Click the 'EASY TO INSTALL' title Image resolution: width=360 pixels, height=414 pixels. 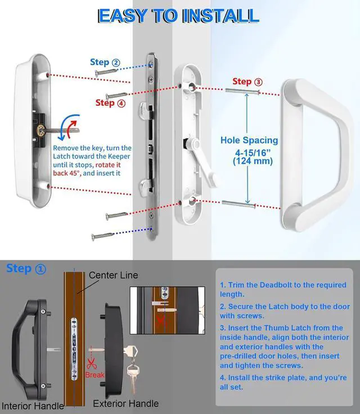pos(178,16)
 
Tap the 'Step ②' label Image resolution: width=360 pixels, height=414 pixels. pos(105,62)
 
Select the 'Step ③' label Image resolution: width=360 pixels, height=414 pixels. pos(247,82)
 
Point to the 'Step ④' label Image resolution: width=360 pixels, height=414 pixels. pos(110,103)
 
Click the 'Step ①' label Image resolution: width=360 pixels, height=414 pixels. pos(26,269)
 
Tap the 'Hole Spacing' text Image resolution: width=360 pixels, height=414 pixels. pos(249,140)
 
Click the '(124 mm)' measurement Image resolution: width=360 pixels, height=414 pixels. pos(253,161)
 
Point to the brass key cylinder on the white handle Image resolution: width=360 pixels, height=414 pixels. pos(40,130)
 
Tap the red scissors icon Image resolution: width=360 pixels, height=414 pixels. pos(91,364)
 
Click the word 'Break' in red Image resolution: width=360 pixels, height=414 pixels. pos(94,375)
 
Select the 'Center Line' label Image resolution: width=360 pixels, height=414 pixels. pos(113,276)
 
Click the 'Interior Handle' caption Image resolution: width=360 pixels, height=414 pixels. pos(33,406)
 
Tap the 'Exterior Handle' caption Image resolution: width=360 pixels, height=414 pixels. pos(126,403)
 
